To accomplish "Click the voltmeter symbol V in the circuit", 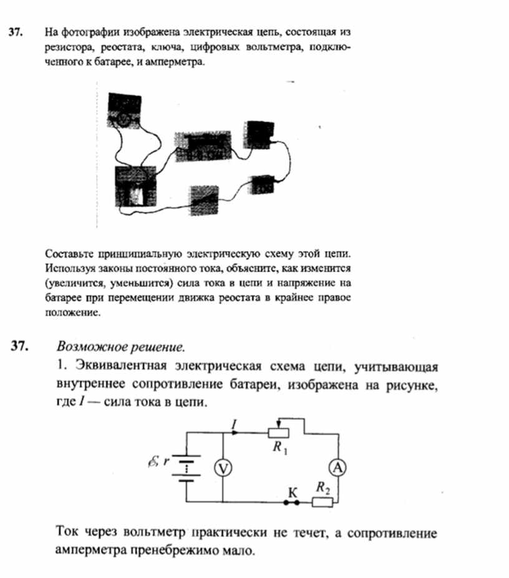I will [x=223, y=468].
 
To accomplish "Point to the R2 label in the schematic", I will [x=322, y=487].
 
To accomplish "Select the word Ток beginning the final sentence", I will [x=68, y=534].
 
